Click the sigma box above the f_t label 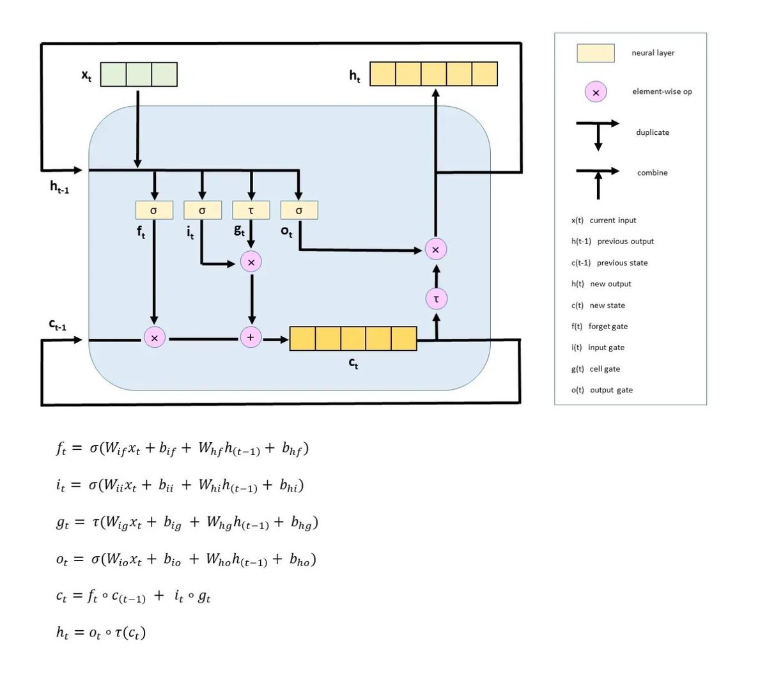(154, 210)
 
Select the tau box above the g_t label (251, 210)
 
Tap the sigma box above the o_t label (299, 210)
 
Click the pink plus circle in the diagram (251, 337)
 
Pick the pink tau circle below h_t (436, 298)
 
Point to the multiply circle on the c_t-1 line (154, 337)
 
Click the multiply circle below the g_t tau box (251, 262)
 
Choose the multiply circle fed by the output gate (436, 249)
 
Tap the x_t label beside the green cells (86, 75)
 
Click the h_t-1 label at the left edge (59, 187)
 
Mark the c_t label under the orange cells (353, 364)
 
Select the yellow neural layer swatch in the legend (595, 53)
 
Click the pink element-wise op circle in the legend (596, 93)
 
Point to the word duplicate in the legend (653, 132)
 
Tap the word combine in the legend (652, 173)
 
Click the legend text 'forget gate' (608, 327)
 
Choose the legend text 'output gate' (611, 390)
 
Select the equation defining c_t (134, 597)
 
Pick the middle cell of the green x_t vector (139, 75)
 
